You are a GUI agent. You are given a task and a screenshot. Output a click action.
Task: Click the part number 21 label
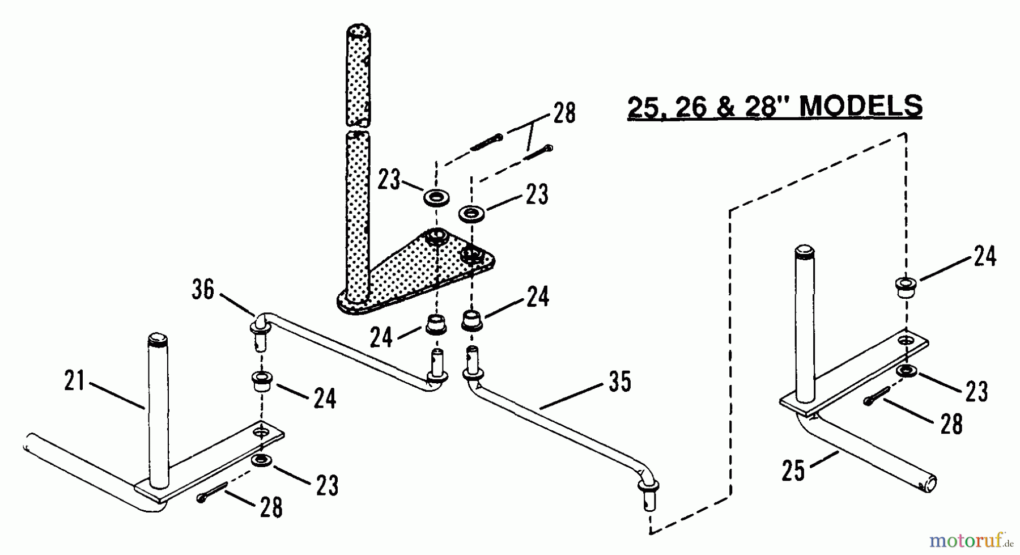point(75,380)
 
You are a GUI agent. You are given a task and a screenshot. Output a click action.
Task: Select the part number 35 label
point(619,382)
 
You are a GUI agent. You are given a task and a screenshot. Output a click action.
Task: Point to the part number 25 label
point(793,471)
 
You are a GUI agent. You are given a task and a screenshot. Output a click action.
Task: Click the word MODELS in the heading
point(862,106)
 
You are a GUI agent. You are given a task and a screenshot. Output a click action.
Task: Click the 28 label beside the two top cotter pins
point(564,112)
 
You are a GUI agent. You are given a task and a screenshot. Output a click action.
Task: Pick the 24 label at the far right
point(985,256)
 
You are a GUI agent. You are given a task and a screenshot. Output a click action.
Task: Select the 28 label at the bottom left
point(271,507)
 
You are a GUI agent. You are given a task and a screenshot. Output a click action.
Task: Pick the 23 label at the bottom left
point(326,485)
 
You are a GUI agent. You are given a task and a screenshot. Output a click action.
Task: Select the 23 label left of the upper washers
point(390,181)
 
